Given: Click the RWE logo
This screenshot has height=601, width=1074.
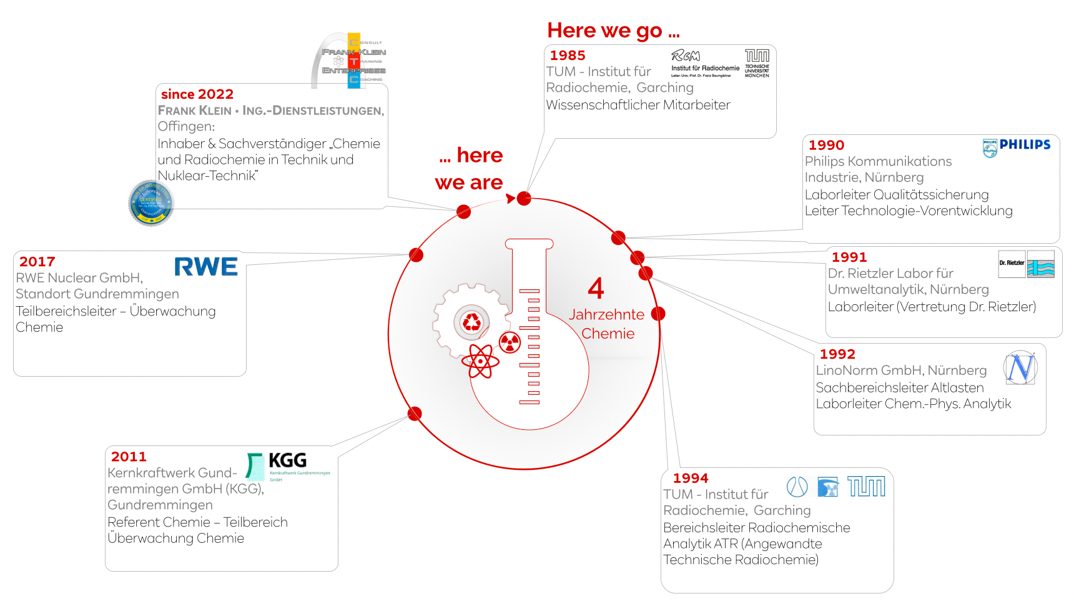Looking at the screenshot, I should [x=205, y=267].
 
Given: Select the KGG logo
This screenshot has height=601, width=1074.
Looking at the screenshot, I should [x=287, y=465].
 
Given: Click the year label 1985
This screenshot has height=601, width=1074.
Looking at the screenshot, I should [x=568, y=56].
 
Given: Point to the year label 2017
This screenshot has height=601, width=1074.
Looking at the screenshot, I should [x=37, y=262].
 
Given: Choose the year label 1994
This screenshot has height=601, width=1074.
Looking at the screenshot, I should [x=691, y=479].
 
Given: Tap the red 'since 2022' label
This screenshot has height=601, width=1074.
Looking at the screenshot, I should [x=197, y=94].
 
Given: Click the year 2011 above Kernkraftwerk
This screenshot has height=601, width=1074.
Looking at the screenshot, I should [x=129, y=457].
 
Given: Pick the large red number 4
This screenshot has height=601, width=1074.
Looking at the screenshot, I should [x=596, y=289].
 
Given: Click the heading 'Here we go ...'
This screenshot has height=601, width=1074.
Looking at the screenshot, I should [x=613, y=31].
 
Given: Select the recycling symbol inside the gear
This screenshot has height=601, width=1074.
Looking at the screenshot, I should [x=471, y=322].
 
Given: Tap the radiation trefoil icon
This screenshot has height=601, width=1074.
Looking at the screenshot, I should [x=510, y=342].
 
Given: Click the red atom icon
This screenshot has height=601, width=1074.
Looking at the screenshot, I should [x=480, y=361].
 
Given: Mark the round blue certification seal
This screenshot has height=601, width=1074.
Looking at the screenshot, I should [x=150, y=202].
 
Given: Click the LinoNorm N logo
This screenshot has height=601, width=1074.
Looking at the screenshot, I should [x=1021, y=367].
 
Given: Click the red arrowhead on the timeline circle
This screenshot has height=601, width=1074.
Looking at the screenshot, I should [x=511, y=199].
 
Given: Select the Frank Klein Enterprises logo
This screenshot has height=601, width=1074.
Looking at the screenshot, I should [x=350, y=61].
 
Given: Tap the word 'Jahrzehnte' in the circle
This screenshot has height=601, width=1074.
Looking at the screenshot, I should [x=606, y=315].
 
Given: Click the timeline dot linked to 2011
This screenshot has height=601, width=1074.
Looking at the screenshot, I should [x=415, y=414].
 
